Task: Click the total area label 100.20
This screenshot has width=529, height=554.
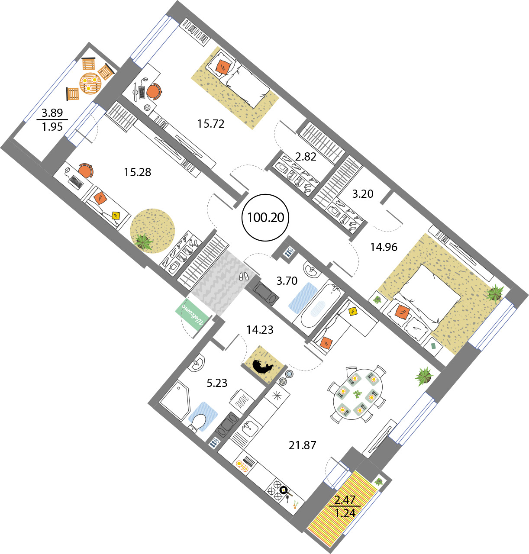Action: pos(266,218)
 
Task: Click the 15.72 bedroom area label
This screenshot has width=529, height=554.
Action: pos(211,124)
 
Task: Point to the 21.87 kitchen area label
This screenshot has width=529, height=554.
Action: pos(302,445)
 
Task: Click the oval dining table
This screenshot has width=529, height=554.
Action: pos(358,394)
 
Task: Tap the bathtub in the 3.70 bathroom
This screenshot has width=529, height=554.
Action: pos(321,306)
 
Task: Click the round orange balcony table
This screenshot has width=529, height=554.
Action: pos(90,83)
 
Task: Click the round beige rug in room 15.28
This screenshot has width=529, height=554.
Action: pos(152,231)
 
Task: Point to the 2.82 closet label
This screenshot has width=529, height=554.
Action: pos(306,157)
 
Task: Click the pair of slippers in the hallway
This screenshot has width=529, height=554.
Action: pos(243,276)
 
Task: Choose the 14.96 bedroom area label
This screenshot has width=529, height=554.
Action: pos(384,247)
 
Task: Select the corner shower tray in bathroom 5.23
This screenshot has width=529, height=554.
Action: pos(174,400)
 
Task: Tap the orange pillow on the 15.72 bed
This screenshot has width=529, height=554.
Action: pos(223,67)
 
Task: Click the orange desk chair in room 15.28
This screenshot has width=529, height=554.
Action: pos(86,171)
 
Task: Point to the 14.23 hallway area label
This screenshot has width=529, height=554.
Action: pos(260,330)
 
